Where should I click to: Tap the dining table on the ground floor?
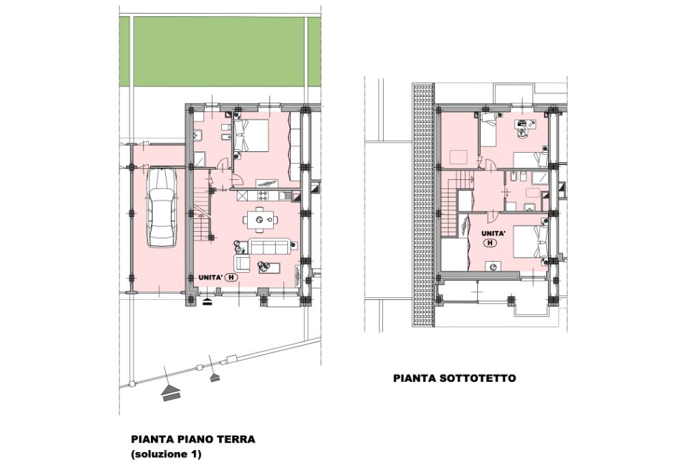pyautogui.click(x=260, y=219)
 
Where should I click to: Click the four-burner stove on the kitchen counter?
pyautogui.click(x=262, y=196)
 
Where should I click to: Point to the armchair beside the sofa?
pyautogui.click(x=242, y=263)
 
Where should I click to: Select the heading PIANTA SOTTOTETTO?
pyautogui.click(x=454, y=378)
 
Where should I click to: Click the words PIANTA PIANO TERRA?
pyautogui.click(x=193, y=439)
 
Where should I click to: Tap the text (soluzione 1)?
pyautogui.click(x=166, y=454)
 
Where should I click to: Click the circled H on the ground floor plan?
pyautogui.click(x=231, y=277)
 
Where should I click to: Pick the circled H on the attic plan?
pyautogui.click(x=490, y=243)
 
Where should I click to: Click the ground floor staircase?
pyautogui.click(x=201, y=214)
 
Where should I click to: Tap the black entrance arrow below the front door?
pyautogui.click(x=208, y=303)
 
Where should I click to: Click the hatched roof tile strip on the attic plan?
pyautogui.click(x=423, y=205)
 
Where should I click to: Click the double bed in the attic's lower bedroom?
pyautogui.click(x=530, y=241)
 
